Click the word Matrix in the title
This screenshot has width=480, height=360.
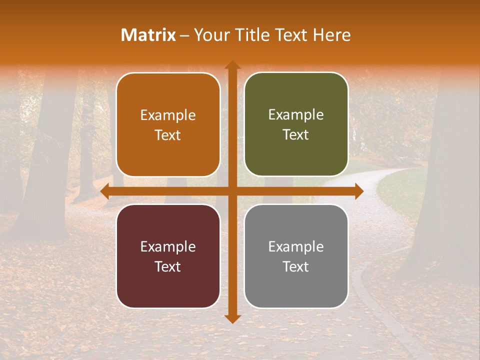click(148, 35)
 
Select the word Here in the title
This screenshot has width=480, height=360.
click(331, 35)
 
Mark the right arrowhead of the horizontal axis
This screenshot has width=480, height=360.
click(358, 191)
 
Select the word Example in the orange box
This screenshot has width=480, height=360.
click(168, 115)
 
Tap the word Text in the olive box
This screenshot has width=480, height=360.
click(296, 135)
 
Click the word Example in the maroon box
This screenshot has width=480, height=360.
click(168, 247)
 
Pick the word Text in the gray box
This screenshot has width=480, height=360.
click(296, 266)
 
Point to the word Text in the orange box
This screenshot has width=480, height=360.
click(168, 135)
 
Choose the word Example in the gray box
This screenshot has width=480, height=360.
click(296, 247)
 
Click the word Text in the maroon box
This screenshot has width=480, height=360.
click(168, 266)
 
